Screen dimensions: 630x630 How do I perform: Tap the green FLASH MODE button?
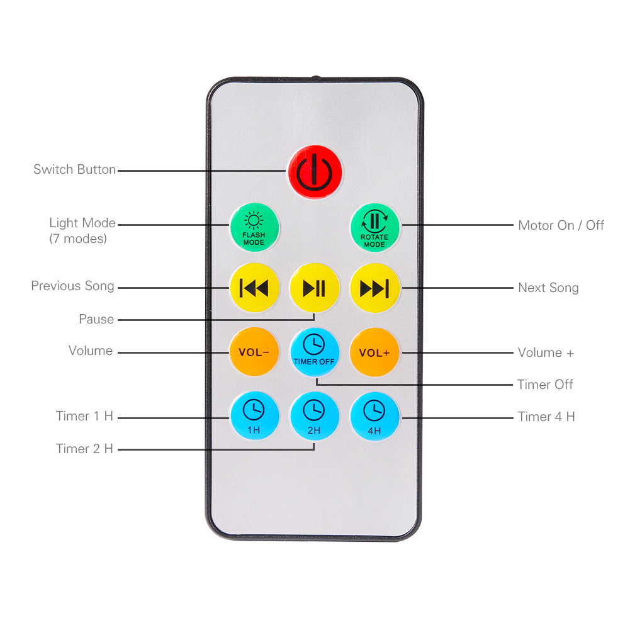[254, 227]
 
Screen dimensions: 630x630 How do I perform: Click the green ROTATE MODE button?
[375, 228]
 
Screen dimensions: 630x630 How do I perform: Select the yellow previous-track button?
[254, 288]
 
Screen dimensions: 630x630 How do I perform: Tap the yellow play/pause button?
[315, 288]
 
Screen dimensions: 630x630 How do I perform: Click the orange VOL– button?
[254, 352]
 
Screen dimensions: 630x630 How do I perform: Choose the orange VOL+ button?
[375, 352]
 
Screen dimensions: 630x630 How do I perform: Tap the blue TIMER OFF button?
[315, 352]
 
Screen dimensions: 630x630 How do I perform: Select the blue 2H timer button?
[315, 416]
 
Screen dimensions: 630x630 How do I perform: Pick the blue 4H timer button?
[375, 417]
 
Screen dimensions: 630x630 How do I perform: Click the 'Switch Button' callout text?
[75, 169]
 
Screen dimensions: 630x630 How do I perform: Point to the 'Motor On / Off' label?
[561, 225]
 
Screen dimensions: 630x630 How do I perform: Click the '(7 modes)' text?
[78, 239]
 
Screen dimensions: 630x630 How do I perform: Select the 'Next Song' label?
[548, 288]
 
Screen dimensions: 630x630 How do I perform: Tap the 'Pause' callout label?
[96, 319]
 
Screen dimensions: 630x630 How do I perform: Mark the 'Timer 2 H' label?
[84, 449]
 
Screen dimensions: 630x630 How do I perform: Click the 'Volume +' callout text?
[546, 353]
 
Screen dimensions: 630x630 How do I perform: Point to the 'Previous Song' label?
[73, 286]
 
